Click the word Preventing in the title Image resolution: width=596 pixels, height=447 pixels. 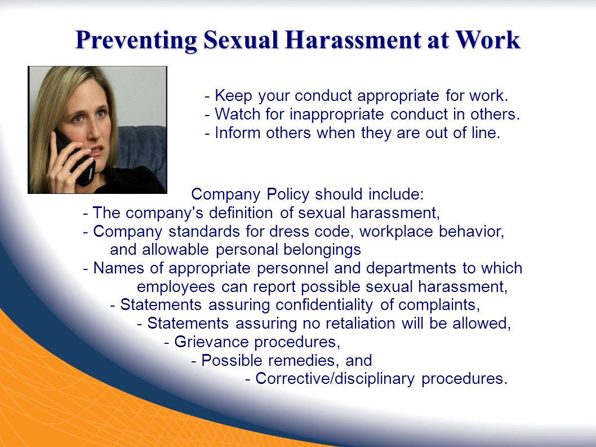(136, 40)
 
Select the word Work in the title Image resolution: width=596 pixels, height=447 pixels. (488, 39)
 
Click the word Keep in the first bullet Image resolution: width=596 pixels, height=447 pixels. (233, 95)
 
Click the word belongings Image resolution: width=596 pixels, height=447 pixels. (322, 250)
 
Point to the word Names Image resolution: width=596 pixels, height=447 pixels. (119, 268)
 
